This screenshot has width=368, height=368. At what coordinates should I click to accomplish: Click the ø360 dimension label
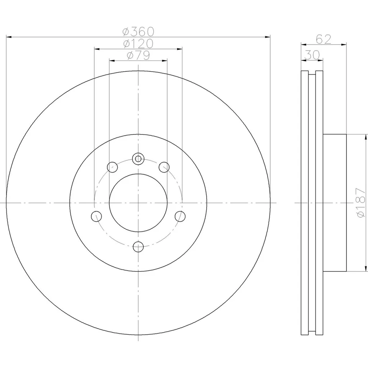pos(138,31)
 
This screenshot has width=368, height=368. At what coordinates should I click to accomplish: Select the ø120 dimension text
pos(138,43)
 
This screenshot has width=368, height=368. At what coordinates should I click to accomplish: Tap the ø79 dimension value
pos(138,55)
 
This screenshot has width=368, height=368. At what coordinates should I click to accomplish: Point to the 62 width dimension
pos(323,39)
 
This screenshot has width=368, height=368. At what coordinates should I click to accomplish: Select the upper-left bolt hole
pos(112,166)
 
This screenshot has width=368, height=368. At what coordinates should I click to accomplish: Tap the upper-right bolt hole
pos(164,166)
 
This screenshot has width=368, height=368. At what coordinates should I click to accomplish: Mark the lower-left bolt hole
pos(96,216)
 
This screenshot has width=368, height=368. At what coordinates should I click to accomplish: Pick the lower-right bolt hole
pos(180,216)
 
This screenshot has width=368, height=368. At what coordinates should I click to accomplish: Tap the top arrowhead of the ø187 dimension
pos(366,136)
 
